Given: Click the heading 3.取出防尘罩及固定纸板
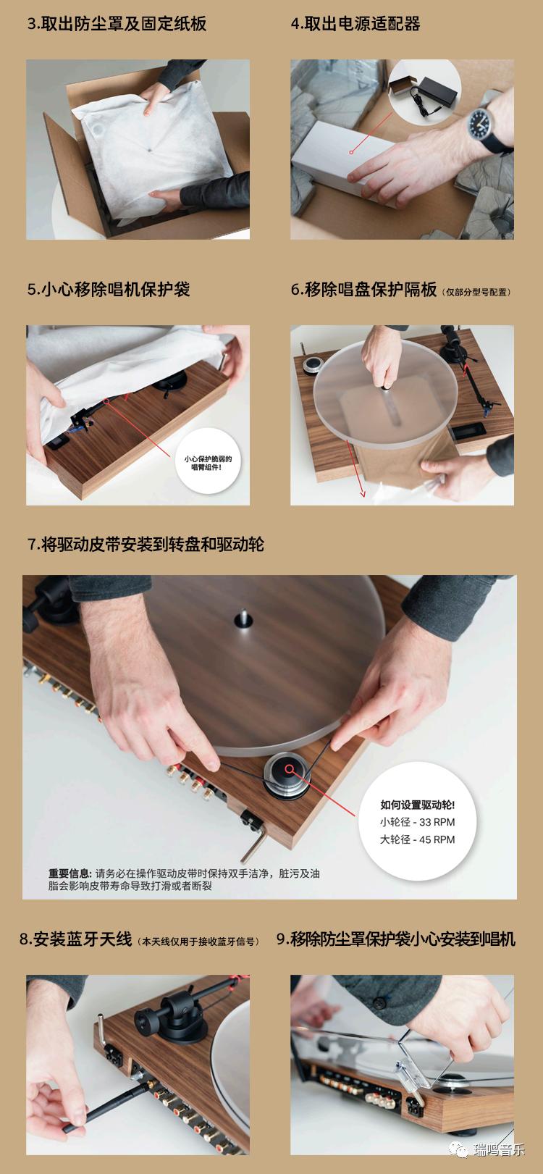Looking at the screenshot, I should [x=117, y=23].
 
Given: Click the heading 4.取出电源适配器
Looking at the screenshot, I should [x=355, y=23].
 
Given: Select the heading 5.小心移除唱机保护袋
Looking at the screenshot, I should [x=108, y=289].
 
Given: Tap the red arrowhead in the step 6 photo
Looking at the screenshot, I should [x=363, y=497].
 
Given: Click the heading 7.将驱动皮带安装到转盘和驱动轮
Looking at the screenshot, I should [x=146, y=544].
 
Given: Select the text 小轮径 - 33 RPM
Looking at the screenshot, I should [x=417, y=821].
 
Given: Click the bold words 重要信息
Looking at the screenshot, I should [x=70, y=873].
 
